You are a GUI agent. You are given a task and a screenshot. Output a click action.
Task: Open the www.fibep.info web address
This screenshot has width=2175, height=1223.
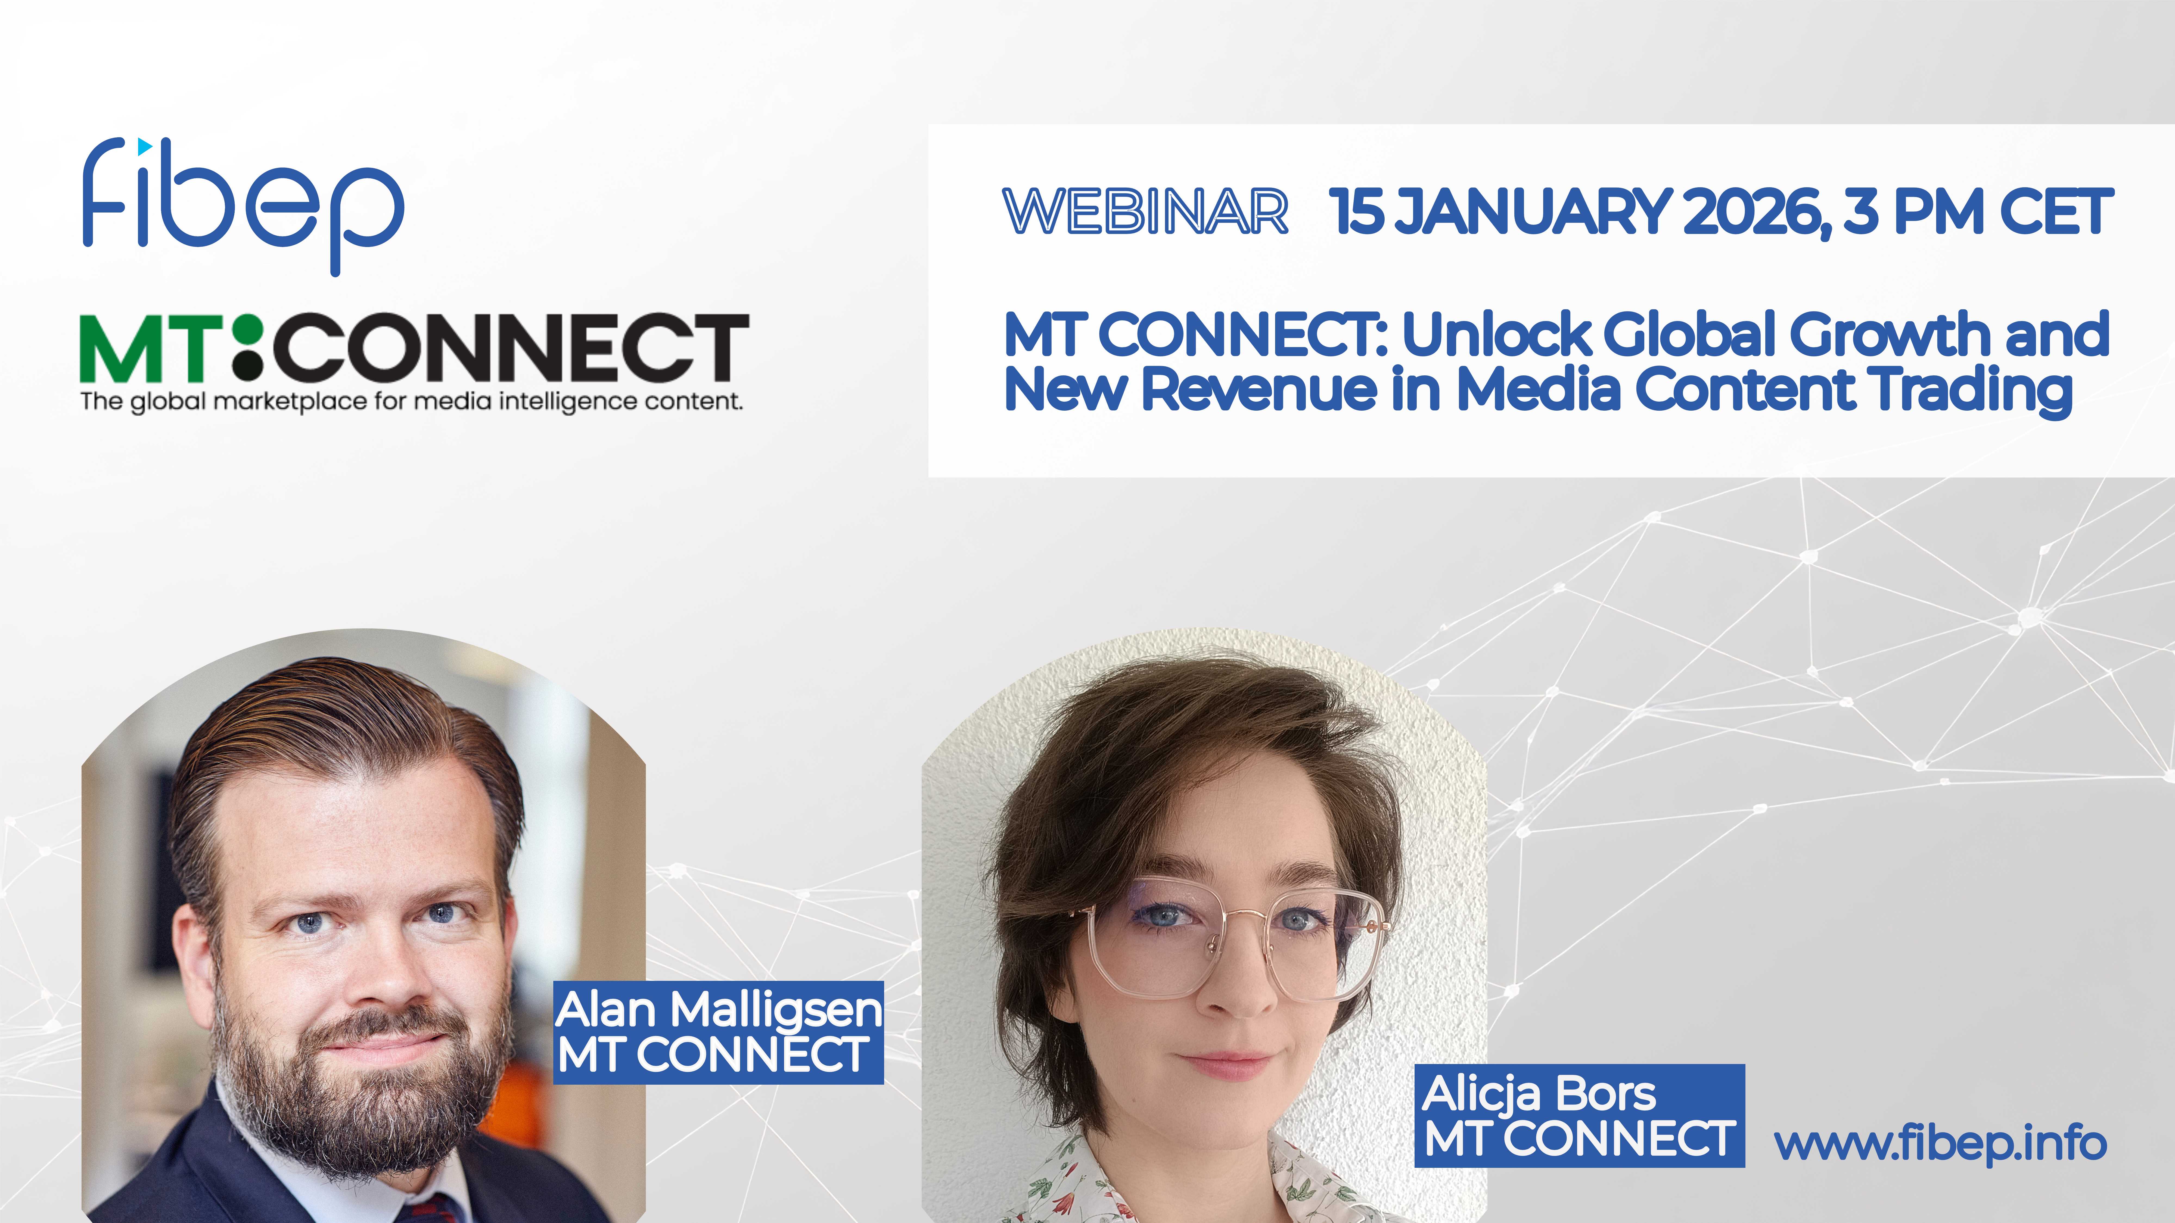tap(1940, 1144)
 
